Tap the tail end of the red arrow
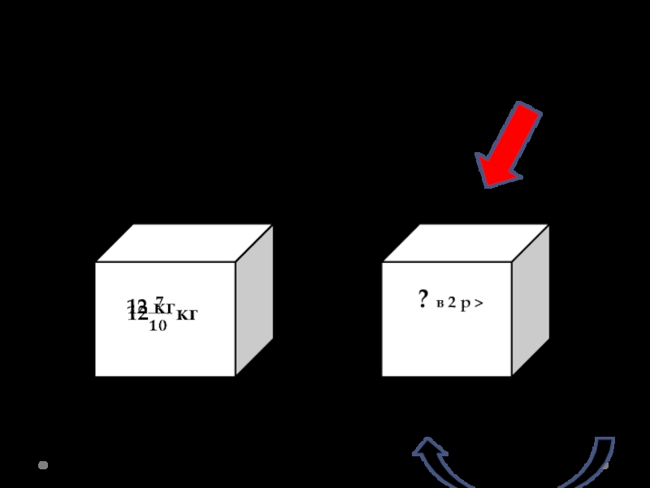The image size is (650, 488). coord(529,111)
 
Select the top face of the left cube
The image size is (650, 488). coord(184,243)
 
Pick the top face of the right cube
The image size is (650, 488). coord(466,243)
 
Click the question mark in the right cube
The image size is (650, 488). coord(423,301)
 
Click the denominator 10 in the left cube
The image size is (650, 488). coord(158,326)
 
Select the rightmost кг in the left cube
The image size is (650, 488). coord(187,314)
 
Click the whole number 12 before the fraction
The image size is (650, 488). coord(136,315)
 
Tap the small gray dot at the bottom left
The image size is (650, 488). coord(43,465)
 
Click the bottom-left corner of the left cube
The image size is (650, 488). coord(96,376)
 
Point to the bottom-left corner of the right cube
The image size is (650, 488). coord(383,376)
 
